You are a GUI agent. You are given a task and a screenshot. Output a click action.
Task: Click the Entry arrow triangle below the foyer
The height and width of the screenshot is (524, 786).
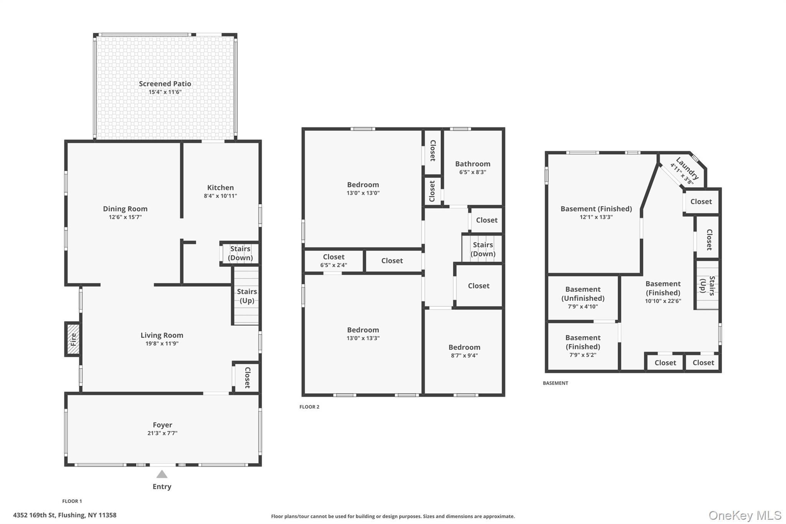[162, 474]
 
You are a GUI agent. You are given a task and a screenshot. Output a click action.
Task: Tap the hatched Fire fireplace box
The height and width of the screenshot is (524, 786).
[73, 339]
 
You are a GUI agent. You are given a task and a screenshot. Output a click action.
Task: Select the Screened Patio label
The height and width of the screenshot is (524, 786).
[165, 84]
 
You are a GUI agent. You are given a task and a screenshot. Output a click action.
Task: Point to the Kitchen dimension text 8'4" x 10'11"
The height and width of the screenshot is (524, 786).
[220, 196]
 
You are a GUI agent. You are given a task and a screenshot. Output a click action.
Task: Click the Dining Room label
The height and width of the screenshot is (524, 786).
[125, 209]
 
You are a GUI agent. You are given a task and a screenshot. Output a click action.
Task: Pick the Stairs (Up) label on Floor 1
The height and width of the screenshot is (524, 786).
[247, 296]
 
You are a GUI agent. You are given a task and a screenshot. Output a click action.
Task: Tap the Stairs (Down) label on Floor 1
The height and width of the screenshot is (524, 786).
[240, 253]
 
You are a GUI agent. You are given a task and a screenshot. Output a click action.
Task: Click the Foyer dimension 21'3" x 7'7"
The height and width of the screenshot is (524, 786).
[162, 433]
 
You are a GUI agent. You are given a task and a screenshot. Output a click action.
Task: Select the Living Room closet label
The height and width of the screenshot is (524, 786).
[248, 377]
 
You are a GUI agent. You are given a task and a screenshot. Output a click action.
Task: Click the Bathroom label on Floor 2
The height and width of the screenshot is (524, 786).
[473, 164]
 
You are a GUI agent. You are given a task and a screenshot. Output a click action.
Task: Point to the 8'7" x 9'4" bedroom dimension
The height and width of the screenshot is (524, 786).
[464, 355]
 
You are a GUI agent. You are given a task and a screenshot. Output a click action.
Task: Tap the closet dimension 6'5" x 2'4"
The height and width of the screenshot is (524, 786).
[334, 265]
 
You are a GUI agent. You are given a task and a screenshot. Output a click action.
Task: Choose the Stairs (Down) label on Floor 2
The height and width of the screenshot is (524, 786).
[483, 249]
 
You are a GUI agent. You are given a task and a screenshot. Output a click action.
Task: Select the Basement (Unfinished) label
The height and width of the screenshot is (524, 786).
[583, 294]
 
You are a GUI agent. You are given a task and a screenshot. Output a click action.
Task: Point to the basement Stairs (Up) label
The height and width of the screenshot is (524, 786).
[707, 286]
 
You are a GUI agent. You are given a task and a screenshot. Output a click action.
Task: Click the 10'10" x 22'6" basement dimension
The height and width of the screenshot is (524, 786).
[663, 301]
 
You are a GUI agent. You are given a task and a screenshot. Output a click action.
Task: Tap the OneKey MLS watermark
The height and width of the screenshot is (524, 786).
[745, 515]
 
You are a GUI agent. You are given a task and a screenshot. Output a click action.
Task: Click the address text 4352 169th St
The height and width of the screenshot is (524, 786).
[35, 515]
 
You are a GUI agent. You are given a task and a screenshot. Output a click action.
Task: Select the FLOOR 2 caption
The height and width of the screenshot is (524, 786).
[309, 407]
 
